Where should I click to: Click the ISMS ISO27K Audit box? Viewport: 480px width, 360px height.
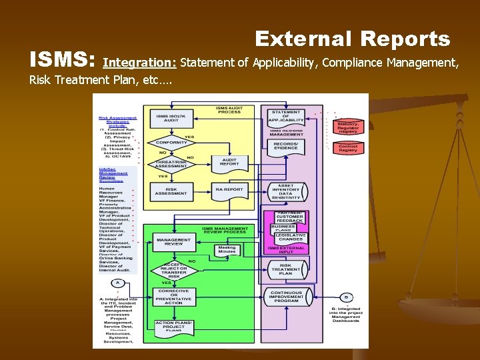(x=171, y=118)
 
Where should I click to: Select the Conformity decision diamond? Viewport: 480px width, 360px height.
(x=171, y=142)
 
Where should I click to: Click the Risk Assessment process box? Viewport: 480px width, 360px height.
(x=171, y=190)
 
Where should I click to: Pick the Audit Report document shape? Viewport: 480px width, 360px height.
(x=229, y=162)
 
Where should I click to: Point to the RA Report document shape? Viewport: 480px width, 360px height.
(x=229, y=190)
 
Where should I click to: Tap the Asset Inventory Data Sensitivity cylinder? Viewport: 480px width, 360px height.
(x=286, y=192)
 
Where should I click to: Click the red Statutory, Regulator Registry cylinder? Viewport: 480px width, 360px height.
(x=348, y=127)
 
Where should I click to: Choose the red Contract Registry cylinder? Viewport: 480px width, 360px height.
(x=348, y=148)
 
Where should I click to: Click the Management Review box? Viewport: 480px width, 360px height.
(x=173, y=241)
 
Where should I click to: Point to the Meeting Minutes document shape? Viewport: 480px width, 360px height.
(x=227, y=250)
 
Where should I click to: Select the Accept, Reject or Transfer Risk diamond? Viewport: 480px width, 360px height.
(x=173, y=270)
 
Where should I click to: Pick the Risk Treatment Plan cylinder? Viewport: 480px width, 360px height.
(x=286, y=270)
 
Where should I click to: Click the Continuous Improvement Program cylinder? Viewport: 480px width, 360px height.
(x=286, y=297)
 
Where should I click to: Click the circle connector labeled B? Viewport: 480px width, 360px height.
(x=347, y=297)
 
